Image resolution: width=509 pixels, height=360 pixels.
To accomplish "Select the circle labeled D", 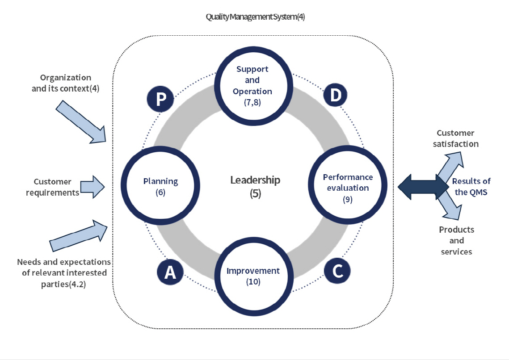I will click(x=335, y=96).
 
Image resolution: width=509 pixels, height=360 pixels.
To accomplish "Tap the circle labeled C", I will click(x=337, y=271).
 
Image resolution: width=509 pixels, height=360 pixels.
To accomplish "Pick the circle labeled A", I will click(x=169, y=272).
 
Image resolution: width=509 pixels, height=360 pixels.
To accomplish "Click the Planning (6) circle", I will click(x=160, y=186).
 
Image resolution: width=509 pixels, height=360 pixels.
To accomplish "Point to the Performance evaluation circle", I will click(x=347, y=186).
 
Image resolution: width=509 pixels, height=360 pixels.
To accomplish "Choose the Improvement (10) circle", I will click(x=253, y=276).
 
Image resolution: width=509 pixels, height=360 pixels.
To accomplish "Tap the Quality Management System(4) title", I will click(x=255, y=17).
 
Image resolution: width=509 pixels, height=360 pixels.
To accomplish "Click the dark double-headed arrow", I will click(x=420, y=187).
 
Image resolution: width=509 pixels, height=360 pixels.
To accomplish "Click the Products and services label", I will click(x=456, y=241).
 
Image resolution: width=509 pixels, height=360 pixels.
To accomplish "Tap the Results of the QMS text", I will click(x=471, y=187).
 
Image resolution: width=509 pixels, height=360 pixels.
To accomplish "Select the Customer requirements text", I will click(x=52, y=187).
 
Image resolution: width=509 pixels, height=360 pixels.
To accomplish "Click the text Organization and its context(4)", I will click(x=65, y=83).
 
